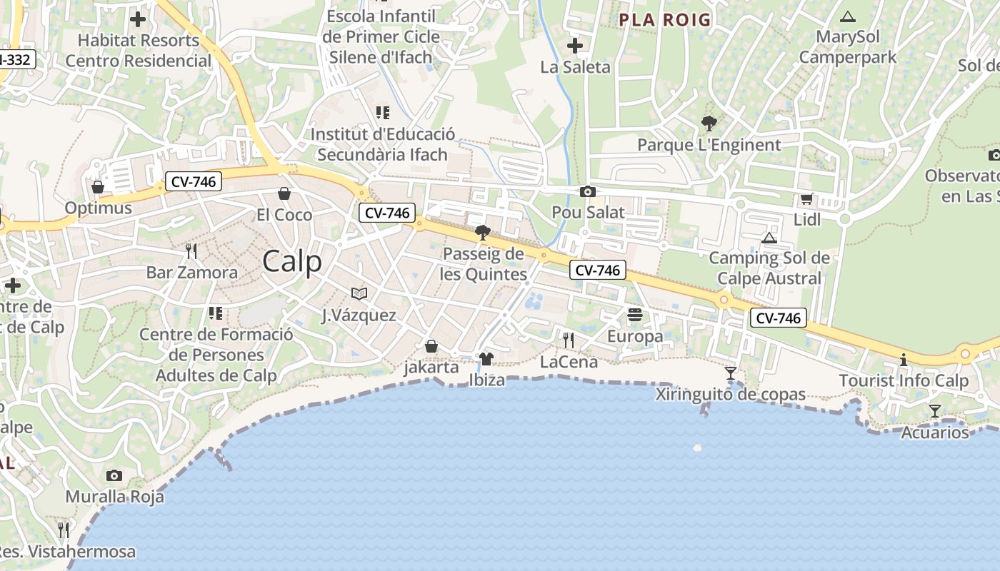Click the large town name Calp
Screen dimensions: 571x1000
(292, 261)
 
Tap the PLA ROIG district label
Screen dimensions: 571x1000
(664, 19)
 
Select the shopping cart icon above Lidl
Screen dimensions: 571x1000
(807, 199)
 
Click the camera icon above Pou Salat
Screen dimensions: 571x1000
(588, 191)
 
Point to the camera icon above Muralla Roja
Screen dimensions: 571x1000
(114, 475)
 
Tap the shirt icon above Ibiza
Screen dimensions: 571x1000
(486, 358)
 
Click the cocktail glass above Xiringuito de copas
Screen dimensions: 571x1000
(730, 373)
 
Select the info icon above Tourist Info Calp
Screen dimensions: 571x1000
(904, 360)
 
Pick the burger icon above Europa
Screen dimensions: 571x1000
(634, 315)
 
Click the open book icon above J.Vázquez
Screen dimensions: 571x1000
(359, 293)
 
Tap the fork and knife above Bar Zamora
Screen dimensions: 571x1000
(191, 251)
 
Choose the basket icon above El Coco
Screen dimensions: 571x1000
(284, 193)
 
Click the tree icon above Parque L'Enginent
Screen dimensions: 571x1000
(709, 123)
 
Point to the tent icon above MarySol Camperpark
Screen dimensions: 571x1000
(848, 16)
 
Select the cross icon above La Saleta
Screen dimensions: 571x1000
(575, 46)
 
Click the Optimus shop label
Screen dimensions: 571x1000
(99, 208)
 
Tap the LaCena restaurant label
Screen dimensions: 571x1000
(569, 362)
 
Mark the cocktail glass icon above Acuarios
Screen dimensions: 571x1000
(934, 410)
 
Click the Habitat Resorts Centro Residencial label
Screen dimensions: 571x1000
(139, 51)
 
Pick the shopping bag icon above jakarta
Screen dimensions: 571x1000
(431, 346)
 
